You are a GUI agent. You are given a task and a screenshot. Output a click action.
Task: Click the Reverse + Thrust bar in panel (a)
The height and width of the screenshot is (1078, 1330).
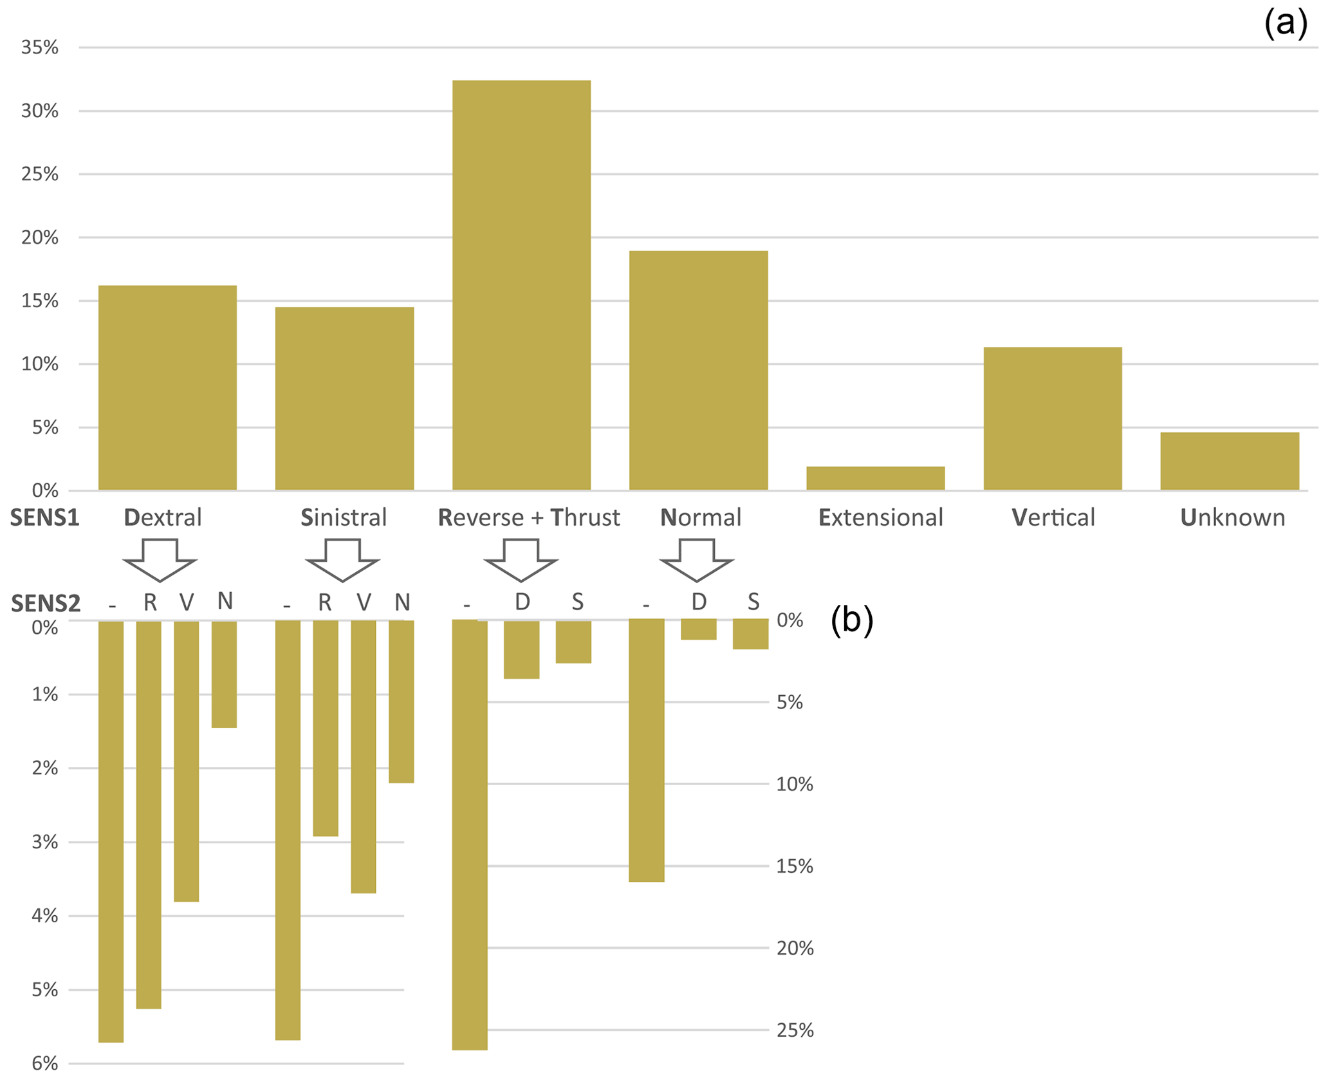click(521, 285)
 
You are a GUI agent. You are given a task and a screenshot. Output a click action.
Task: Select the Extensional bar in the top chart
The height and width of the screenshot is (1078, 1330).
click(875, 478)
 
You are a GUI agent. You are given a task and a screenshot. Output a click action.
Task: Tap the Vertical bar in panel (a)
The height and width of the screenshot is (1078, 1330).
click(1052, 418)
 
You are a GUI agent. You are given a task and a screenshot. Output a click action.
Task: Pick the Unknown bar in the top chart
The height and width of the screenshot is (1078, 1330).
click(1229, 461)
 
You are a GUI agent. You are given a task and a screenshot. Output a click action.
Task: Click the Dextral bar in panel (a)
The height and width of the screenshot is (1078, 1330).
click(167, 387)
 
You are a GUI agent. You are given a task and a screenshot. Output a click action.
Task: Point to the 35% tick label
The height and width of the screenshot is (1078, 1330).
click(40, 48)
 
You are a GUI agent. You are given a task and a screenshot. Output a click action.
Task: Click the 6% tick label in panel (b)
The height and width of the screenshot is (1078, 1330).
click(45, 1063)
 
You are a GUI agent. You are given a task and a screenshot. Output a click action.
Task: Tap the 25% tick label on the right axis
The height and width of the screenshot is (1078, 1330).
click(795, 1030)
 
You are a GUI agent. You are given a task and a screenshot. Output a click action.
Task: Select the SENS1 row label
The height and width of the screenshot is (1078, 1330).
click(44, 518)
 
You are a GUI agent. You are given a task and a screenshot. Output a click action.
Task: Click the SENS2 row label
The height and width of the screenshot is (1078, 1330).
click(46, 604)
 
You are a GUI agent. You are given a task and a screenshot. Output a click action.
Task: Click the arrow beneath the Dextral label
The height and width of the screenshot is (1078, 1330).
click(160, 560)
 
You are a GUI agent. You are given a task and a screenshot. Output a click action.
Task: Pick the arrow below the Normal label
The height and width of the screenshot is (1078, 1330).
click(696, 560)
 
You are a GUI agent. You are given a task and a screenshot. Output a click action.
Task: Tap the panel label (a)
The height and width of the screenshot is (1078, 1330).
click(1286, 24)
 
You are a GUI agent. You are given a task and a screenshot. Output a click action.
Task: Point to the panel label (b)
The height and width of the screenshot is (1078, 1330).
click(852, 620)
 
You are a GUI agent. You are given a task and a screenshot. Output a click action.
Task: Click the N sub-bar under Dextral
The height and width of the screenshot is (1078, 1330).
click(224, 674)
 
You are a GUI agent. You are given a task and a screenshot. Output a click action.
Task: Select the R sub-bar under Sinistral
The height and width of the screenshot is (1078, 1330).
click(325, 728)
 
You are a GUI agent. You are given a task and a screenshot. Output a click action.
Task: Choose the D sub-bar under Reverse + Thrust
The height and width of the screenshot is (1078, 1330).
click(521, 649)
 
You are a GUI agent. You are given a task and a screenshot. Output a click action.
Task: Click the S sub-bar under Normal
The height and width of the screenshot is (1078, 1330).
click(750, 634)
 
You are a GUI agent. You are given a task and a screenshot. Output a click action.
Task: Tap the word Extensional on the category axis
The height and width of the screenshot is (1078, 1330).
click(880, 518)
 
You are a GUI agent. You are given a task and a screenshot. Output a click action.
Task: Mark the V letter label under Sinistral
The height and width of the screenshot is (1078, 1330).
click(364, 602)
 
